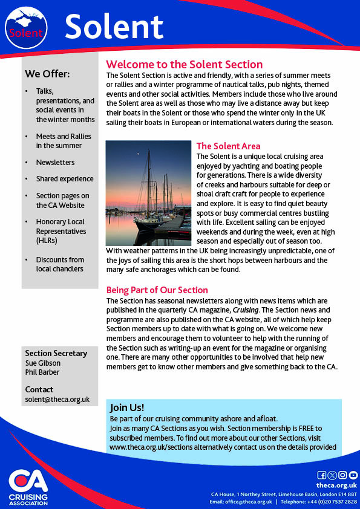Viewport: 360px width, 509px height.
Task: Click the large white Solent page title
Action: point(114,27)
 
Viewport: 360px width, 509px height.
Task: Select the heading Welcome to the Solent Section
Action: point(184,64)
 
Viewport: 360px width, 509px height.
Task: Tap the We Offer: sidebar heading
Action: point(47,74)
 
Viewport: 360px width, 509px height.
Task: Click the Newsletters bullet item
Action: point(55,162)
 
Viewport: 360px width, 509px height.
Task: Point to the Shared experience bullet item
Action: point(65,179)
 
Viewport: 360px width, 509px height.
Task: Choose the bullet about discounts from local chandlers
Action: point(60,264)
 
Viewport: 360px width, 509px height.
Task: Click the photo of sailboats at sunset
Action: point(148,193)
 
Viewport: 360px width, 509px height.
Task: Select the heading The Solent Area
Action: point(228,146)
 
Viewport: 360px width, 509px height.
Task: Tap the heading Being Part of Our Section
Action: point(157,290)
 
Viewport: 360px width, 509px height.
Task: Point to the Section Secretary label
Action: point(56,353)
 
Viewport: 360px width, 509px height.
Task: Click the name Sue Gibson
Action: point(42,363)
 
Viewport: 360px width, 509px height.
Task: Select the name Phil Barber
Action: point(42,372)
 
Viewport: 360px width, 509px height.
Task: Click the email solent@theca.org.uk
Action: point(57,399)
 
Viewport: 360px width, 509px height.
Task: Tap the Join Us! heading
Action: point(127,407)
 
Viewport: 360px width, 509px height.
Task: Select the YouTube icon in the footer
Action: point(353,475)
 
